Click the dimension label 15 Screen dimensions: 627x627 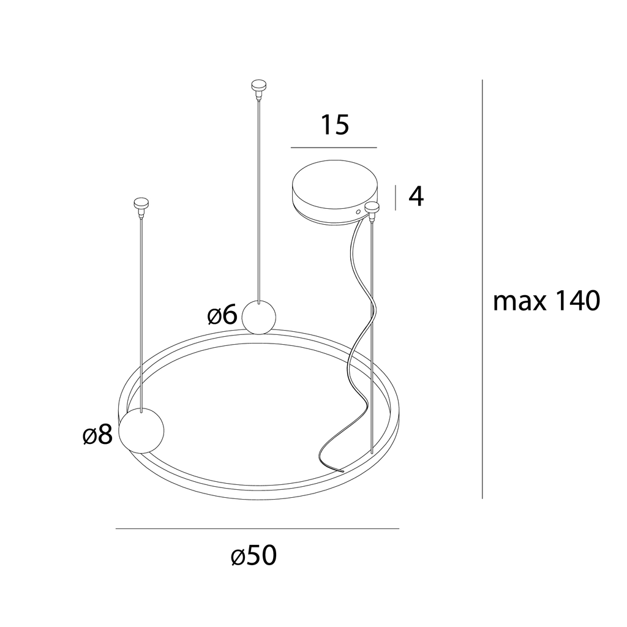coord(335,124)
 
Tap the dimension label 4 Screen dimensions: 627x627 coord(416,197)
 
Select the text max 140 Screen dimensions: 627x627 coord(547,301)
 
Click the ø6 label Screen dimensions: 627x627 coord(222,315)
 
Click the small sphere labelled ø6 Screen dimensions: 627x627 coord(259,317)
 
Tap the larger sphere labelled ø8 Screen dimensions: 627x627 coord(141,430)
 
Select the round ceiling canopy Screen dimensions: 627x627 coord(334,192)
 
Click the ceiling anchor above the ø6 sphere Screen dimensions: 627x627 coord(259,88)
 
